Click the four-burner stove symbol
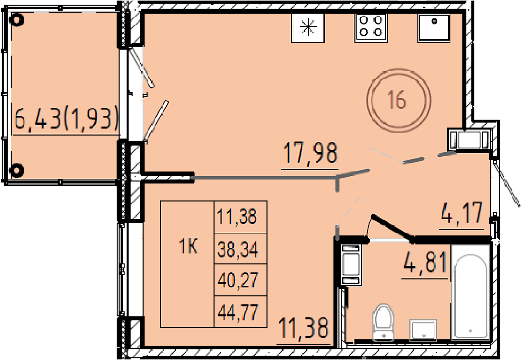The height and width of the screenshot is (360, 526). click(x=371, y=27)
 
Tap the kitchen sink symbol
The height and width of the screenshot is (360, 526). click(x=434, y=28)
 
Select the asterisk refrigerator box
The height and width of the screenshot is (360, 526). click(x=308, y=28)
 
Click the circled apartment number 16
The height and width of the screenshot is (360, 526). click(x=398, y=100)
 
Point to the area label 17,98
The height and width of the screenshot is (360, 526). click(x=310, y=153)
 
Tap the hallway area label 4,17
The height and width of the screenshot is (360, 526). click(x=462, y=213)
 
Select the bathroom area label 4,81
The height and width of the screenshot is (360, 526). click(x=426, y=263)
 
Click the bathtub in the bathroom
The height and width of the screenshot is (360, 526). click(x=471, y=292)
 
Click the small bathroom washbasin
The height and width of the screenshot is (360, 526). click(x=423, y=330)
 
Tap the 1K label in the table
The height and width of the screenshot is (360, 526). click(x=188, y=248)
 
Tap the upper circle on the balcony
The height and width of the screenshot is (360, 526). click(x=17, y=19)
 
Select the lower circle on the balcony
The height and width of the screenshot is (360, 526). click(x=17, y=170)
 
